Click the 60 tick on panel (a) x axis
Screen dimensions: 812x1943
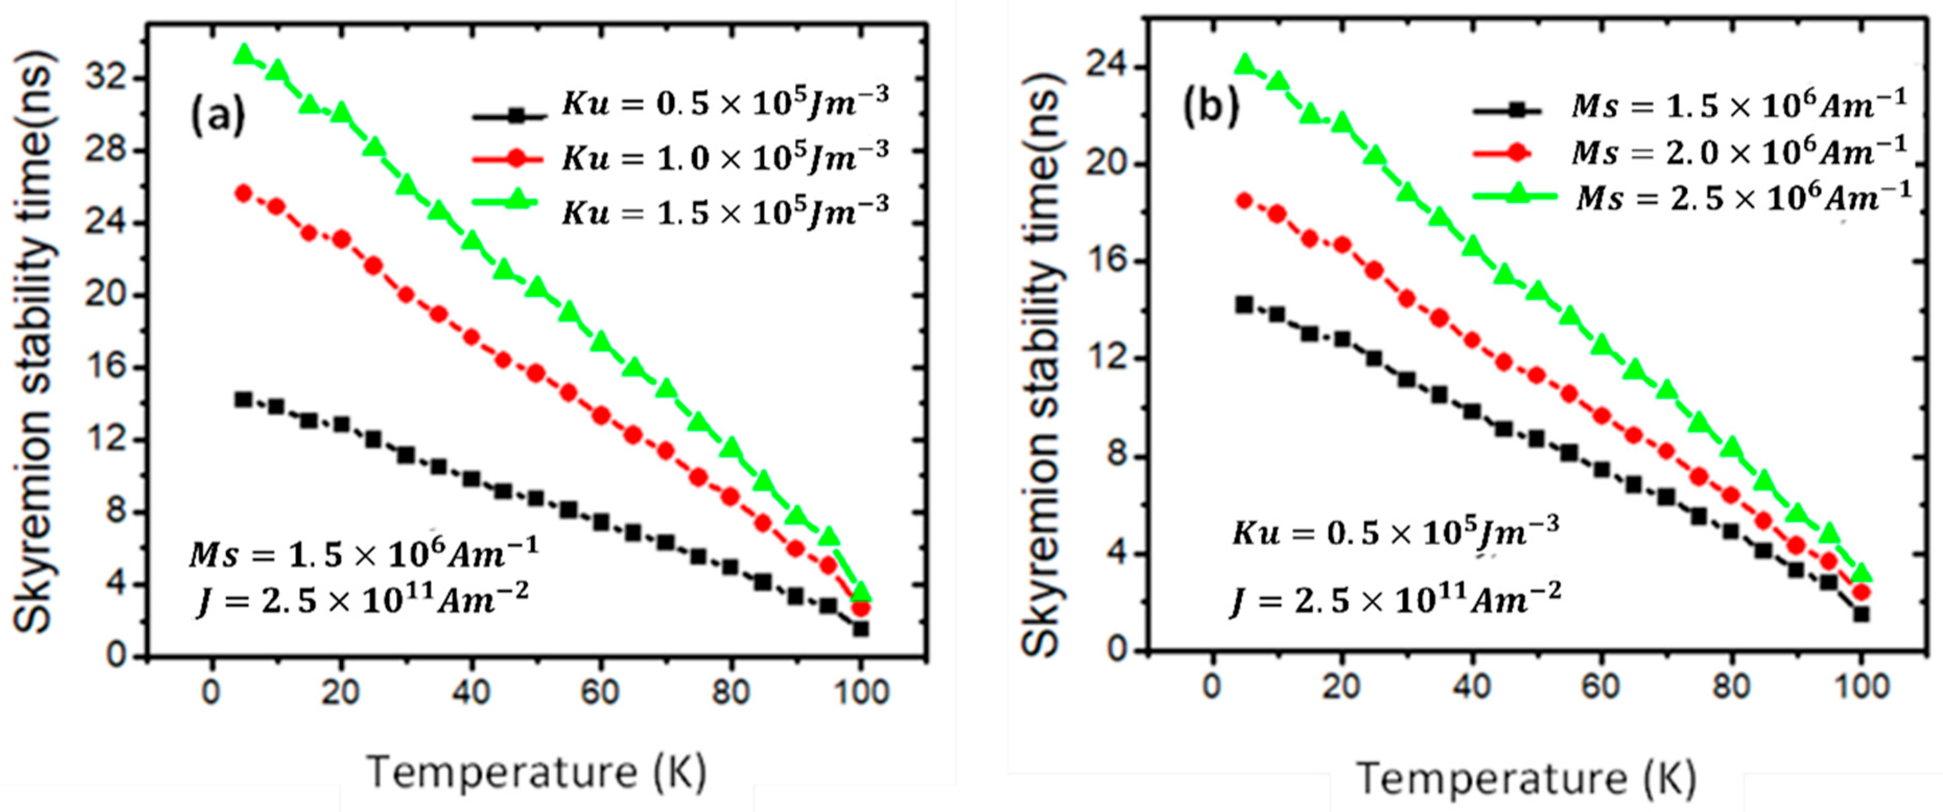click(x=600, y=692)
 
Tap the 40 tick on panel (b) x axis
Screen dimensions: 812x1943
click(x=1471, y=686)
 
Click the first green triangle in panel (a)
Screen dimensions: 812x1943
click(x=244, y=54)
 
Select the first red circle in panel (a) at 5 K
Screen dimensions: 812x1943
click(x=244, y=193)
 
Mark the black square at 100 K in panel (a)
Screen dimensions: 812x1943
click(x=861, y=628)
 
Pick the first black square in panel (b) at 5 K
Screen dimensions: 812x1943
click(x=1244, y=304)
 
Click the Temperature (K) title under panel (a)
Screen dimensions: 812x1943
click(x=537, y=772)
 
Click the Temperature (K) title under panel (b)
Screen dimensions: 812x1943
click(x=1527, y=778)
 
